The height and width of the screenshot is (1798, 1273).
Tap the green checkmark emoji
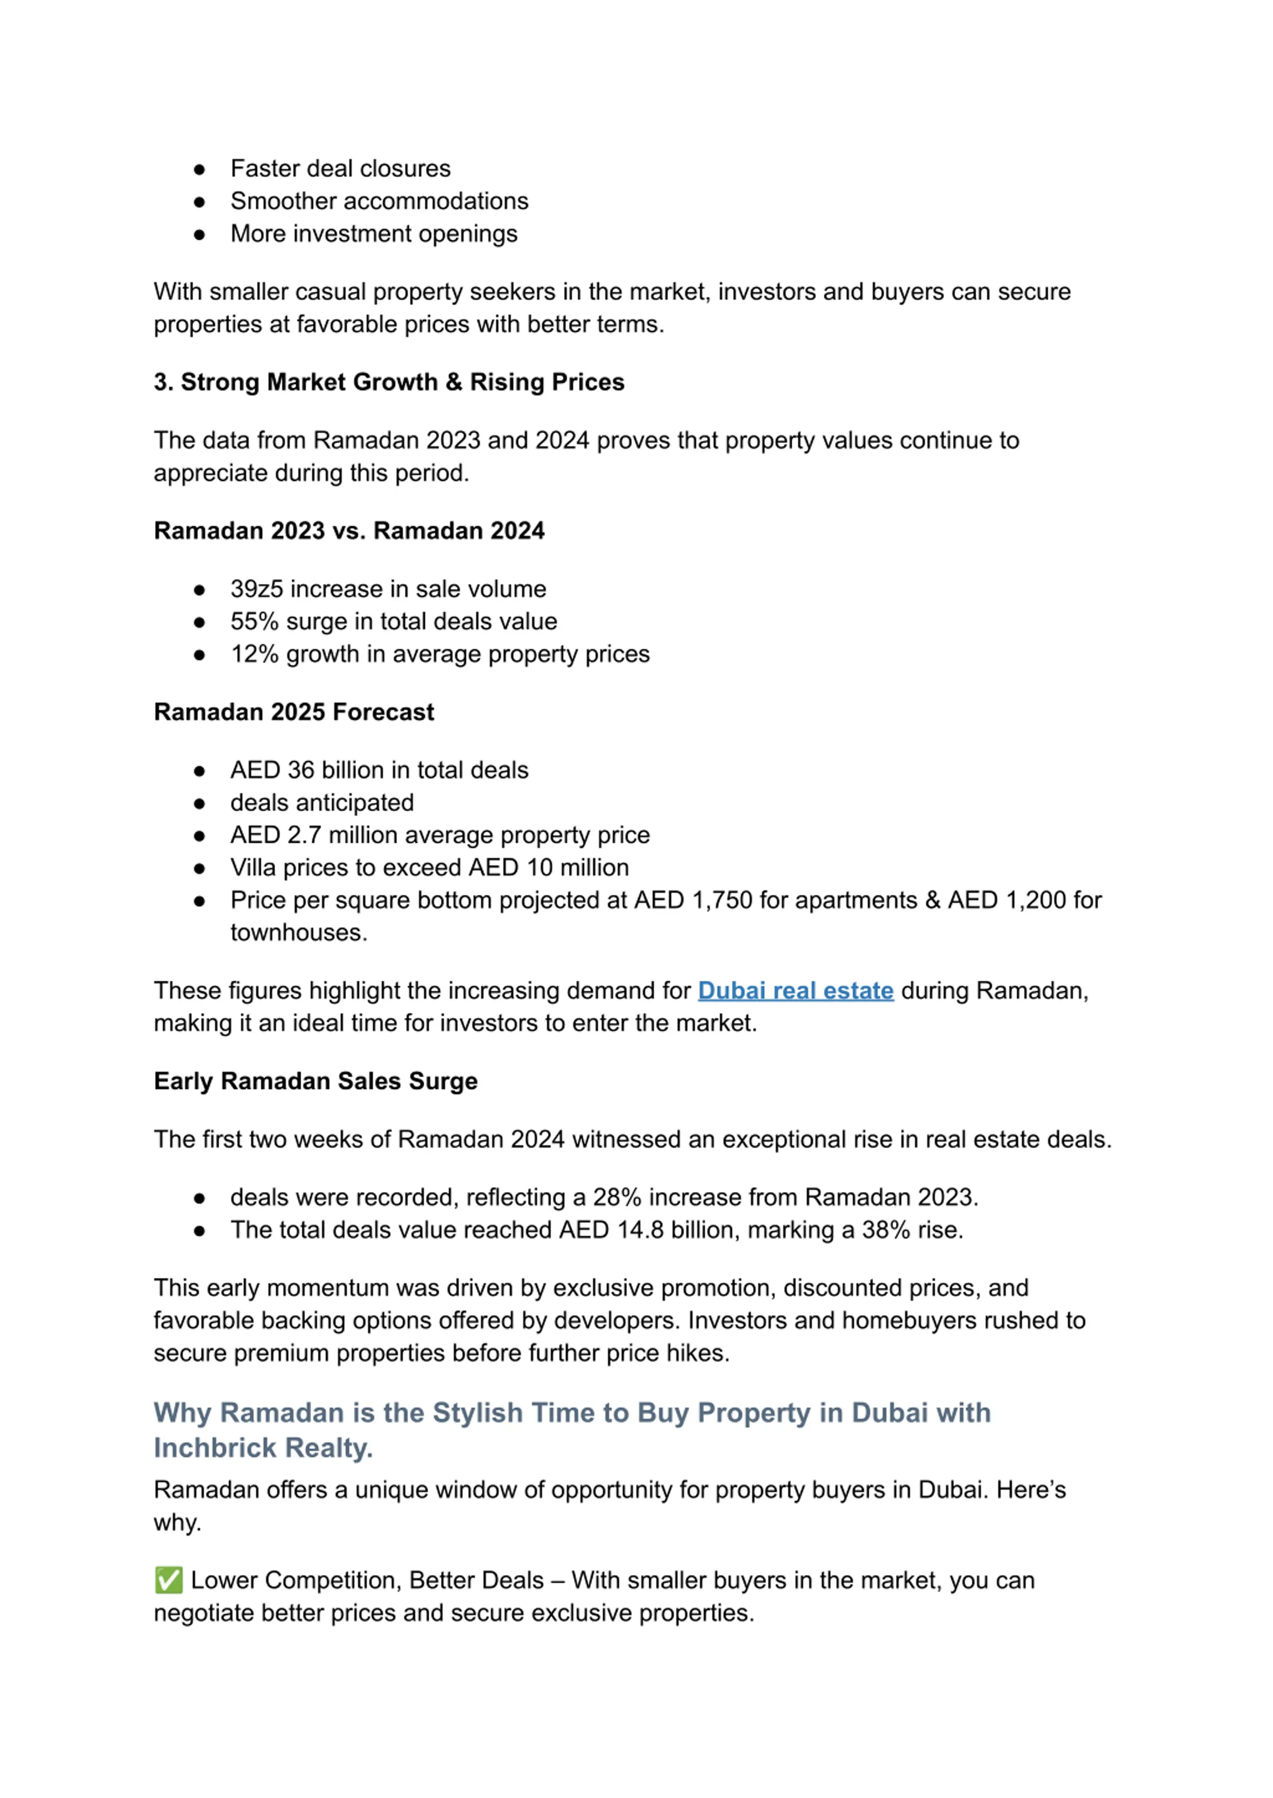(x=169, y=1580)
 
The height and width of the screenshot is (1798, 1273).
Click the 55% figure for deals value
(x=254, y=621)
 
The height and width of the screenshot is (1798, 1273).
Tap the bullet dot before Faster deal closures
(x=200, y=170)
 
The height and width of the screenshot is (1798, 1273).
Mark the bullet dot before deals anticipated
(x=200, y=804)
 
